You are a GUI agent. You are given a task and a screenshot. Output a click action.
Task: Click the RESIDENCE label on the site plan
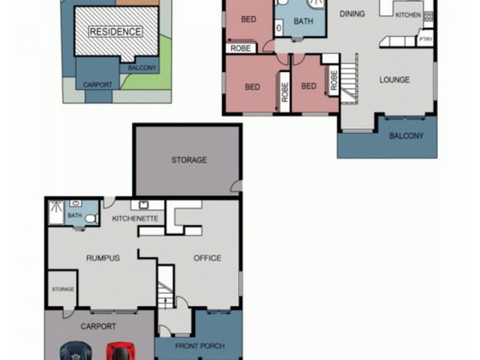(x=115, y=32)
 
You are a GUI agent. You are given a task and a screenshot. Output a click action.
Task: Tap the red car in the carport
(x=121, y=351)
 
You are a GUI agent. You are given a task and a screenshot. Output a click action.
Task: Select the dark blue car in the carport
(x=76, y=351)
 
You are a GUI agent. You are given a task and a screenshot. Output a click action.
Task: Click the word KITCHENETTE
(x=135, y=218)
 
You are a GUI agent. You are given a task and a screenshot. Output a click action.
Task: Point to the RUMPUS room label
(x=103, y=258)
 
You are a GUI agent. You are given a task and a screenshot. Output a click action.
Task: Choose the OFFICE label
(x=207, y=258)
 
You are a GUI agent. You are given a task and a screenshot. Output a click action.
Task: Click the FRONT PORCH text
(x=200, y=346)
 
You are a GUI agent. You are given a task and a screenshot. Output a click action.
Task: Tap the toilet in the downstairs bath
(x=92, y=218)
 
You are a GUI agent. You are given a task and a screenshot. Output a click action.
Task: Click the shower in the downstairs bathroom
(x=56, y=212)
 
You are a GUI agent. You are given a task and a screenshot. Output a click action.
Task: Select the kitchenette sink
(x=143, y=205)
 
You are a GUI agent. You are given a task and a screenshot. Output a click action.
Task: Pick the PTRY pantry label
(x=426, y=39)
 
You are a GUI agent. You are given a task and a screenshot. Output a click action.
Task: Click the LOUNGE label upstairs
(x=394, y=80)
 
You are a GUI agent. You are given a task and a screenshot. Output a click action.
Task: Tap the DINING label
(x=352, y=14)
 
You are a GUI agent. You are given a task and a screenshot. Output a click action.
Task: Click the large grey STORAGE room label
(x=189, y=160)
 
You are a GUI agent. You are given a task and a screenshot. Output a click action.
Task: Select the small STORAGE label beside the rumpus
(x=63, y=289)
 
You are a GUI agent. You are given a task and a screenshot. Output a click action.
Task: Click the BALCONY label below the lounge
(x=406, y=136)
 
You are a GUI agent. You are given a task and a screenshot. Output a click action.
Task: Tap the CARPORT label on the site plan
(x=97, y=85)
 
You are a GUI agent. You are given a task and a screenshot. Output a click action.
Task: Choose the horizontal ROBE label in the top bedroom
(x=241, y=49)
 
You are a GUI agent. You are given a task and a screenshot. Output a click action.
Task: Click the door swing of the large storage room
(x=236, y=186)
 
